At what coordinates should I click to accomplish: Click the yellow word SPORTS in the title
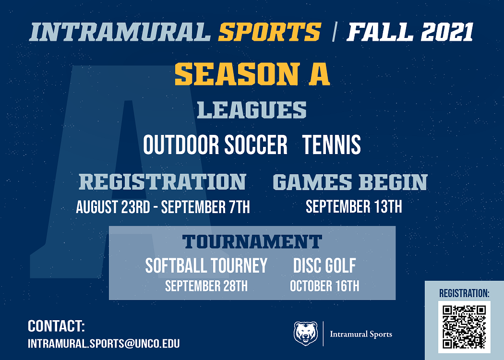point(270,32)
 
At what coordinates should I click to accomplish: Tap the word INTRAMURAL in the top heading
point(120,32)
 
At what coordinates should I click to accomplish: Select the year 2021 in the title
point(447,32)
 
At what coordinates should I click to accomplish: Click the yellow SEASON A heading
point(252,74)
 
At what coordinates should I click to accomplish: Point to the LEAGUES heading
point(252,110)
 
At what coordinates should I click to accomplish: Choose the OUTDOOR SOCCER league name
point(215,144)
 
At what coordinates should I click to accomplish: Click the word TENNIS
point(332,144)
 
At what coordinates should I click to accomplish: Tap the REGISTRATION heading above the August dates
point(162,182)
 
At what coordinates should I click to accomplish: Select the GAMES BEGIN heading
point(350,182)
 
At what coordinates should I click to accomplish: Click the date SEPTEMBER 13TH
point(354,207)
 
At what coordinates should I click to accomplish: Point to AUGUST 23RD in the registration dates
point(113,207)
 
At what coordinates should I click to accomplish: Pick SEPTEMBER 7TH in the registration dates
point(205,207)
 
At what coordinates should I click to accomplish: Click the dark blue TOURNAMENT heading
point(252,242)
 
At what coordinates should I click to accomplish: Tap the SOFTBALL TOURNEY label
point(206,265)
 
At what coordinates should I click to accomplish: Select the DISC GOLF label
point(324,265)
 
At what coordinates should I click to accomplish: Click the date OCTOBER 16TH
point(324,286)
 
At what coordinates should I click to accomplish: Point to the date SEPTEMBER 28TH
point(206,286)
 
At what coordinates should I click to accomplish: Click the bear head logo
point(306,334)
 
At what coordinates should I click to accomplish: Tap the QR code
point(464,327)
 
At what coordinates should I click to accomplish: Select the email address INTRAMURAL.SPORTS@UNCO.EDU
point(104,344)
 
